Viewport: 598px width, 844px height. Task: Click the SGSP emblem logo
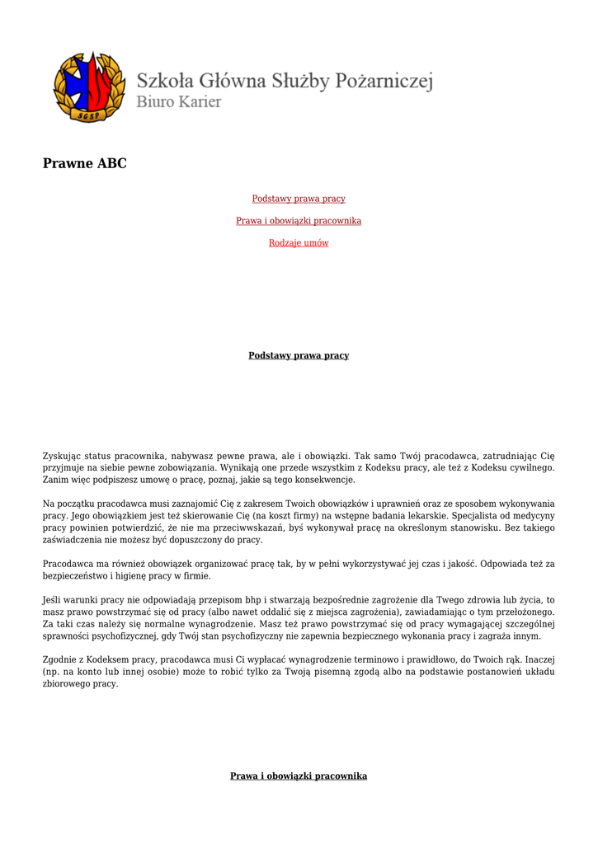point(89,87)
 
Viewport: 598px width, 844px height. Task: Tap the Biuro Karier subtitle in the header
point(178,102)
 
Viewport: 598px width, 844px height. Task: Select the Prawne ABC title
point(85,163)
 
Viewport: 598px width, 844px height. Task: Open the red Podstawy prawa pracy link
point(299,199)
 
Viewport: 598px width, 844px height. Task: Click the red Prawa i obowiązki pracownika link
point(299,221)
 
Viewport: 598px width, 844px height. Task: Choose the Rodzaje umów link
point(299,243)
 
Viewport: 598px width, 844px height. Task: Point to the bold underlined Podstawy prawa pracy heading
point(299,356)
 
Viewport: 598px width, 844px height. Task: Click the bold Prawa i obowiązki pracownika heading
point(299,776)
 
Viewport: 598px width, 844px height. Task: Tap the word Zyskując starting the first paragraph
point(64,455)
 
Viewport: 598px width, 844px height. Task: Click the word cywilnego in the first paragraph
point(532,467)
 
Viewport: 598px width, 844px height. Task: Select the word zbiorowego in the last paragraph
point(65,684)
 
